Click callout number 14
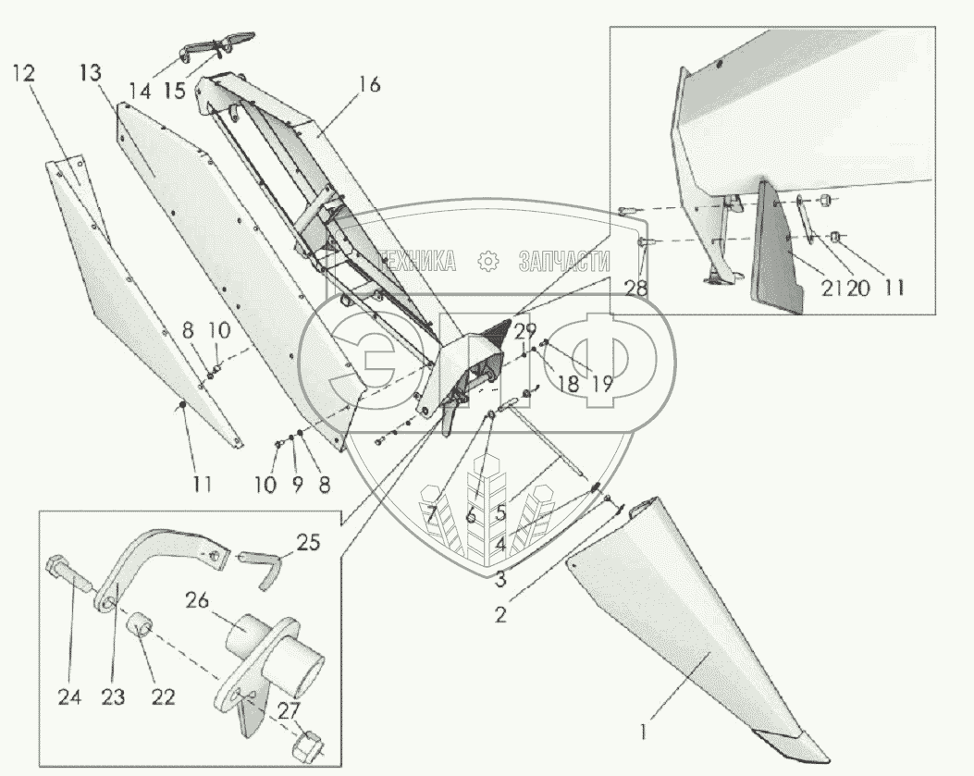[x=140, y=92]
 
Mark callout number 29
[x=526, y=330]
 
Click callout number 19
[x=601, y=383]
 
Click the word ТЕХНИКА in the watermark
[x=413, y=262]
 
